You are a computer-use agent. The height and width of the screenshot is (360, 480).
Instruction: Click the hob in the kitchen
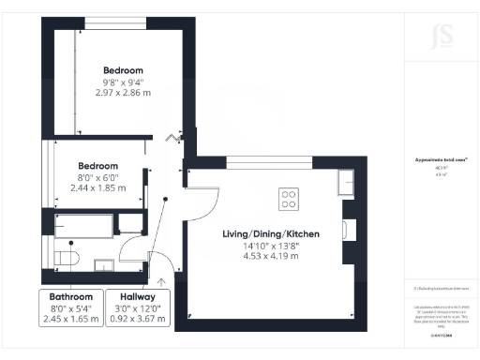click(289, 199)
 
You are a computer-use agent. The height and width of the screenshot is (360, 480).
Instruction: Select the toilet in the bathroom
click(67, 256)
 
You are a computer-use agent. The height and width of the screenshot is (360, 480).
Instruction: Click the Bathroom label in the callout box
click(71, 296)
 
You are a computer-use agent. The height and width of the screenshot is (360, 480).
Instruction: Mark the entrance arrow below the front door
click(162, 279)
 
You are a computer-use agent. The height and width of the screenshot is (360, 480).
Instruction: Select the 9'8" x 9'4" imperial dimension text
click(123, 83)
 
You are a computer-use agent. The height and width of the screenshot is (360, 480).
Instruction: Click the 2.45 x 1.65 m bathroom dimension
click(71, 319)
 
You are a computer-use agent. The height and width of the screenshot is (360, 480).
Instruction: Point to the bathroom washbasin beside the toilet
click(131, 223)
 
